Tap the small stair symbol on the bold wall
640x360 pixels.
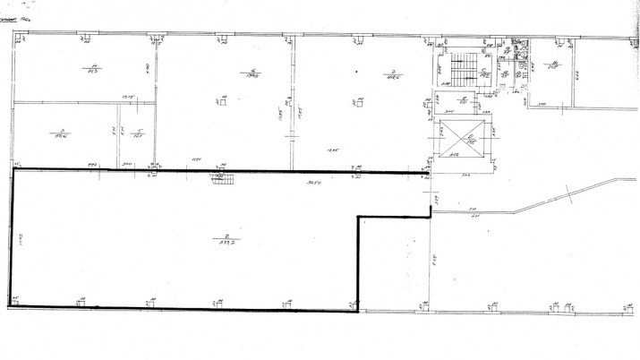click(223, 178)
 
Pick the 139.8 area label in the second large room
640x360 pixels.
click(254, 73)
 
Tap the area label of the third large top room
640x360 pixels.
click(390, 74)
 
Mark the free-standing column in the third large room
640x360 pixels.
click(357, 102)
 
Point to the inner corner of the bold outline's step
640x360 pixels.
click(358, 216)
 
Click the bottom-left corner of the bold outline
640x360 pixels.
click(10, 307)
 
